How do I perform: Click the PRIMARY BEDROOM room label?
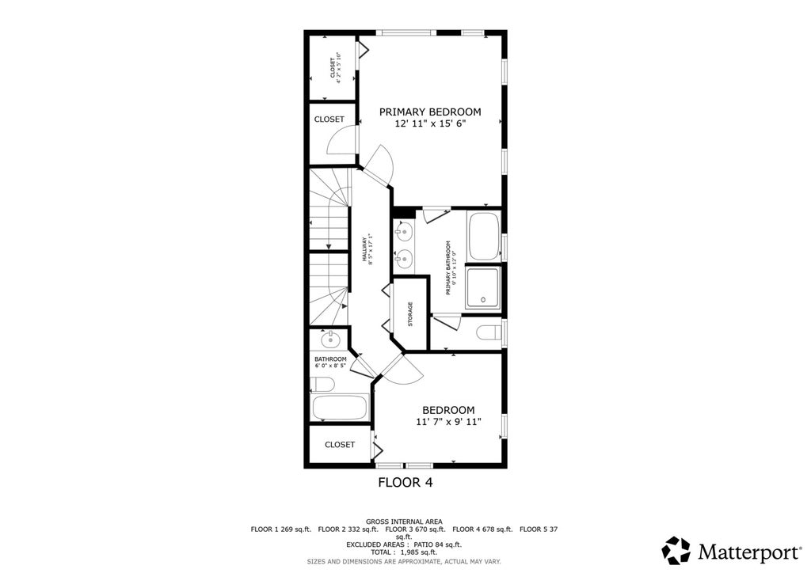click(430, 112)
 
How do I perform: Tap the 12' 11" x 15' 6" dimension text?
click(430, 123)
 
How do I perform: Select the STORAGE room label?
click(410, 314)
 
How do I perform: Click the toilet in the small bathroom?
click(322, 384)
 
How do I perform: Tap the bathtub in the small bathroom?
click(340, 407)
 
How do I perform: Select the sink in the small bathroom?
click(329, 340)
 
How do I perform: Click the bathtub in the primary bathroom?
click(484, 236)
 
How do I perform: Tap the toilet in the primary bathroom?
click(489, 332)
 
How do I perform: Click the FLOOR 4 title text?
click(405, 483)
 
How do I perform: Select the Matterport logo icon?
click(676, 550)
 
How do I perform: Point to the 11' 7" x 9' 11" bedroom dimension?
click(448, 422)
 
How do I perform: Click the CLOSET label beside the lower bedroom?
click(340, 444)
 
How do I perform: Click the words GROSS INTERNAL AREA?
click(404, 522)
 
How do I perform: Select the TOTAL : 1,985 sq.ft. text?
click(403, 552)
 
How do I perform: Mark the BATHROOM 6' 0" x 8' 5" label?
click(330, 362)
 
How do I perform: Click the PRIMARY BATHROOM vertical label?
click(451, 268)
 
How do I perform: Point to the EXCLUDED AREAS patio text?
click(404, 545)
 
